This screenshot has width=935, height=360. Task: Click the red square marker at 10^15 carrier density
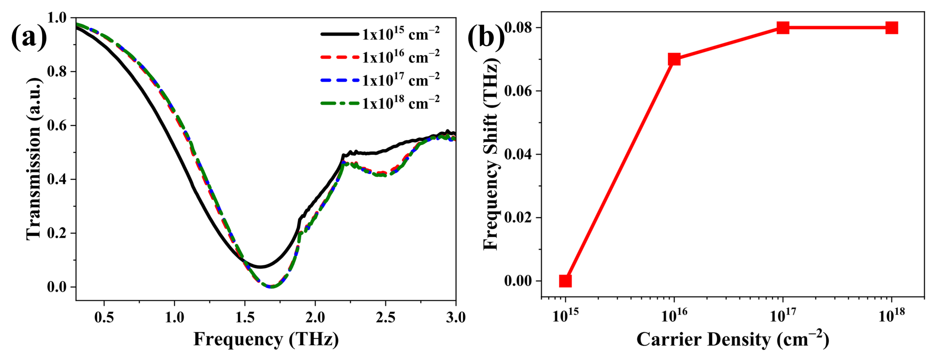[565, 281]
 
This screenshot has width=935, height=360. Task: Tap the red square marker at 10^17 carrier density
[783, 28]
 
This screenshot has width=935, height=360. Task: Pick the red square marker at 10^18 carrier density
[892, 28]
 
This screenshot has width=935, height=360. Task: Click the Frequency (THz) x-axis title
[266, 339]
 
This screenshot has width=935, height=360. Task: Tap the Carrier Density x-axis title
[733, 339]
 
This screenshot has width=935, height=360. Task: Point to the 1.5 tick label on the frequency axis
[245, 318]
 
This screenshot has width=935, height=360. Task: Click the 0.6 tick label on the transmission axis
[57, 126]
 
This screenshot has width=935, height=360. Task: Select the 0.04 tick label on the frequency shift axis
[521, 154]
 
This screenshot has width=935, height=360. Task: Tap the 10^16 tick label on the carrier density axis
[674, 316]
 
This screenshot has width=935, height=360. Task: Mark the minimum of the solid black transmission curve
[260, 267]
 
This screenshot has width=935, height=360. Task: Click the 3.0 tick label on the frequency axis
[456, 318]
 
